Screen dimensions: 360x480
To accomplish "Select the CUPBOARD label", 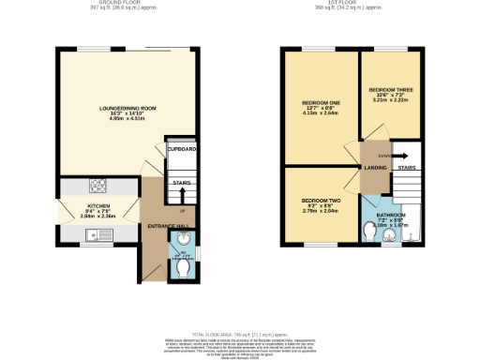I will (x=182, y=150).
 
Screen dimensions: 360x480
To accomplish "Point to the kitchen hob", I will (x=97, y=184).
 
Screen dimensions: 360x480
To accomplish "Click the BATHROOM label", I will (x=390, y=215).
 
